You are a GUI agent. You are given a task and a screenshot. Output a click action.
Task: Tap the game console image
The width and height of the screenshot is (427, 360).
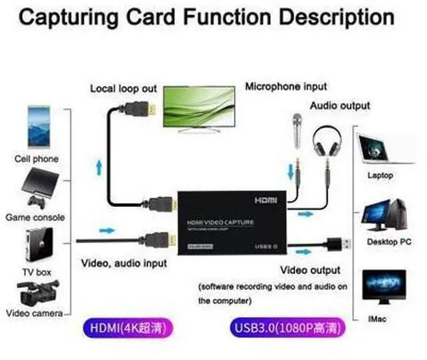tap(37, 188)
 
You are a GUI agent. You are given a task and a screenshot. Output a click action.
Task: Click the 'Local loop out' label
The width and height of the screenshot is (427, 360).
tap(123, 88)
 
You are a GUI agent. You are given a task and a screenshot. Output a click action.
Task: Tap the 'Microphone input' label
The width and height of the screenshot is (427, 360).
tap(286, 86)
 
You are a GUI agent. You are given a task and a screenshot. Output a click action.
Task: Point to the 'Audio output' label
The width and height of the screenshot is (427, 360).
tap(340, 106)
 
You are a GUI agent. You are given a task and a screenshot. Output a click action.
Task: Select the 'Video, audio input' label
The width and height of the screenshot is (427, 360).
tap(124, 263)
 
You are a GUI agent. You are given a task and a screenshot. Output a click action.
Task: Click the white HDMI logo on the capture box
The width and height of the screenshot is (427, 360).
tap(270, 199)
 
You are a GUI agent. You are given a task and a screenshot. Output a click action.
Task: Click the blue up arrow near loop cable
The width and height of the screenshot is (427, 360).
tap(101, 164)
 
